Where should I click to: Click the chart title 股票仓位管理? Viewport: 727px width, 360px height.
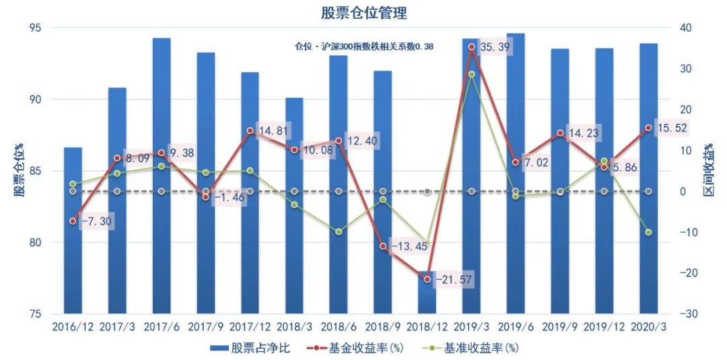pyautogui.click(x=363, y=13)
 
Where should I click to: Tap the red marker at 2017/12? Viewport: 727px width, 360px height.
pyautogui.click(x=250, y=131)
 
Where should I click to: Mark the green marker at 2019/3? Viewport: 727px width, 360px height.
pyautogui.click(x=472, y=74)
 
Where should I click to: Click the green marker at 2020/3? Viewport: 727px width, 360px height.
pyautogui.click(x=648, y=232)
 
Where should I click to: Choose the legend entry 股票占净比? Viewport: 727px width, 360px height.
pyautogui.click(x=250, y=348)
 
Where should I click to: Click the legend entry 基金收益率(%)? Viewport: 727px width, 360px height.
pyautogui.click(x=355, y=348)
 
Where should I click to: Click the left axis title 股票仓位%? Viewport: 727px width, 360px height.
pyautogui.click(x=20, y=171)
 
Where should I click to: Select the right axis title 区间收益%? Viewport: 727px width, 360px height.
pyautogui.click(x=709, y=171)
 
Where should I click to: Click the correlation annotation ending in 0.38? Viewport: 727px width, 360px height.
pyautogui.click(x=363, y=47)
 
